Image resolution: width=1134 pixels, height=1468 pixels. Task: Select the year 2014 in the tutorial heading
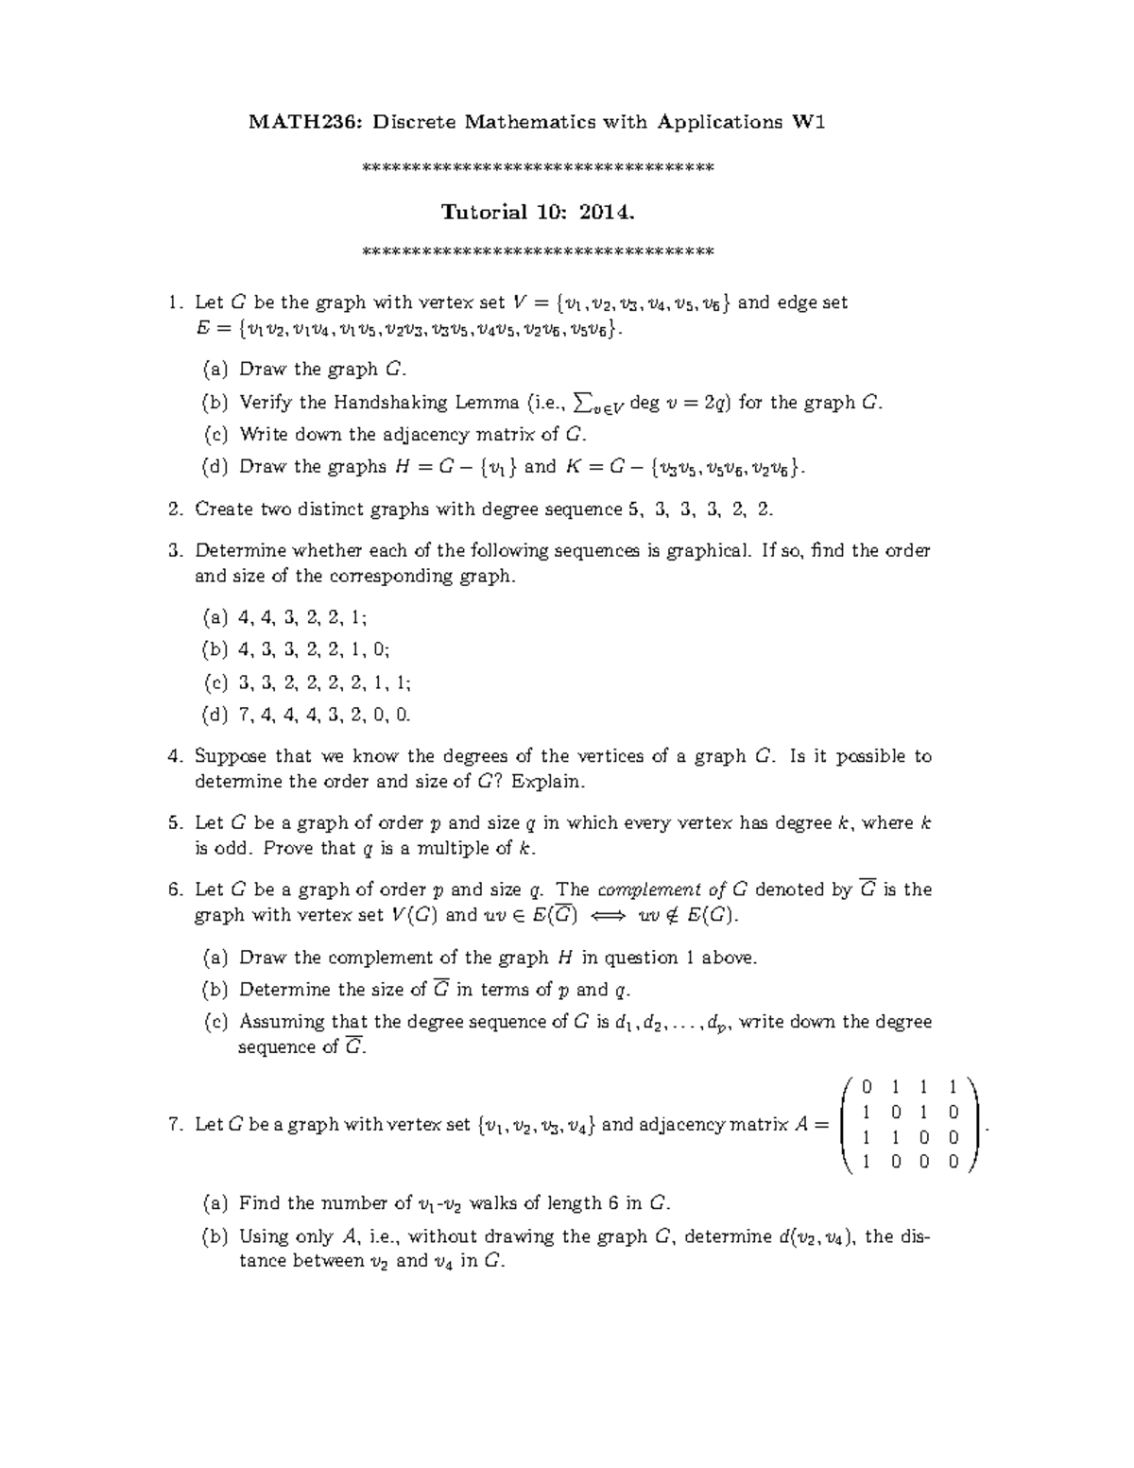click(x=607, y=211)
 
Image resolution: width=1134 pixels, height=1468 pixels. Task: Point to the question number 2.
click(x=174, y=509)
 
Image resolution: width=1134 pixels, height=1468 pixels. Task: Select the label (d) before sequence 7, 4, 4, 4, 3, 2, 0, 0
click(x=215, y=715)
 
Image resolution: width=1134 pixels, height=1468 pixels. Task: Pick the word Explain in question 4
click(x=551, y=782)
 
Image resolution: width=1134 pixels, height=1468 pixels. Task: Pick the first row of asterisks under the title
click(x=539, y=169)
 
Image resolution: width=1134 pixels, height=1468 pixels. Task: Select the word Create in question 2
click(x=223, y=509)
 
